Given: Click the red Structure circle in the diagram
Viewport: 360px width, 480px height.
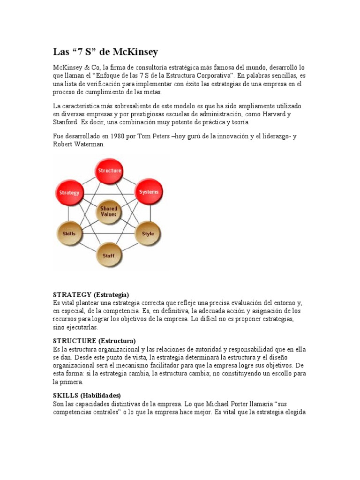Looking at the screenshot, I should [x=109, y=171].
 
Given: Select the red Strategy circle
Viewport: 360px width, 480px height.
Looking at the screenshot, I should [x=69, y=192].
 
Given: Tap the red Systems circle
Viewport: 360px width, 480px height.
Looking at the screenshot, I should [x=149, y=192].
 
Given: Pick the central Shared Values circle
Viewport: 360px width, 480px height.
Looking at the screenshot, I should [x=109, y=211].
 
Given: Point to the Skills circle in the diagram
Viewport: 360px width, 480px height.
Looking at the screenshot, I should [x=69, y=233].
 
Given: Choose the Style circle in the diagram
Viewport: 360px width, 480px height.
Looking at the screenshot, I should [x=148, y=233].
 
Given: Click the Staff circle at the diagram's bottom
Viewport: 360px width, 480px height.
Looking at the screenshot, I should [x=109, y=255].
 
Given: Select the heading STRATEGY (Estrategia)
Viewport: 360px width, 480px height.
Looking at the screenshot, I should [x=91, y=294].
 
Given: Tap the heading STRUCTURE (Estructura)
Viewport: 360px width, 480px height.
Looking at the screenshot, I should [x=94, y=340].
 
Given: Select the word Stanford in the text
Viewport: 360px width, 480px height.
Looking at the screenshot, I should [x=66, y=122].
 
